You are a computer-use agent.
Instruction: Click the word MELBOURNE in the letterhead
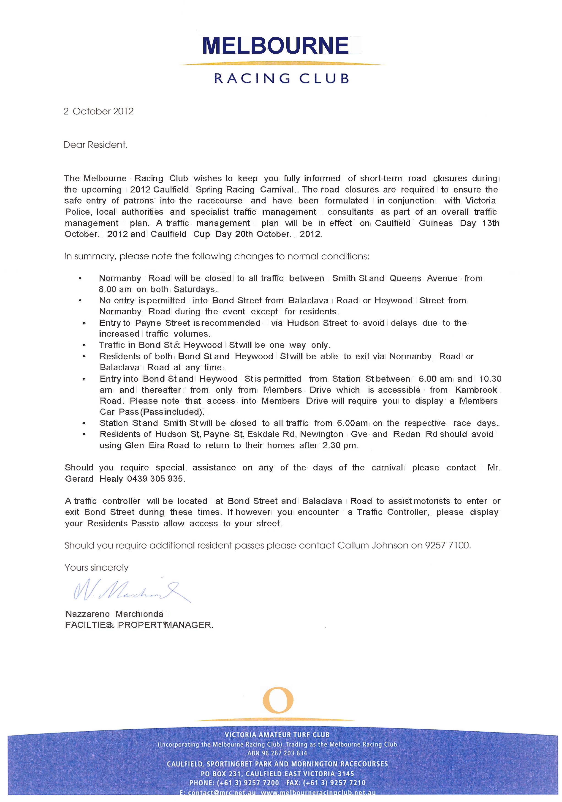click(x=275, y=46)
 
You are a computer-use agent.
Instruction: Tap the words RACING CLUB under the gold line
click(x=281, y=78)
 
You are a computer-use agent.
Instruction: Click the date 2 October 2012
click(x=98, y=111)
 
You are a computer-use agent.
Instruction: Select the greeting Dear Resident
click(x=95, y=145)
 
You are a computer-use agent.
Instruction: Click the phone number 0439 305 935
click(x=155, y=479)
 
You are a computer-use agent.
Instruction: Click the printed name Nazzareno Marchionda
click(x=114, y=614)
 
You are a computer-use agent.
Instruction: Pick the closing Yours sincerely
click(x=96, y=568)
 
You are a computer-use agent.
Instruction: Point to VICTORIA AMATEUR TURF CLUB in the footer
click(x=277, y=735)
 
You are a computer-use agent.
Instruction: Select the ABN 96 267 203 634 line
click(x=277, y=753)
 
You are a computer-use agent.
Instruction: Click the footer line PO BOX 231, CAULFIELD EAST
click(x=277, y=774)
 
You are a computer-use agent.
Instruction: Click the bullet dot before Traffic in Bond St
click(x=84, y=346)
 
